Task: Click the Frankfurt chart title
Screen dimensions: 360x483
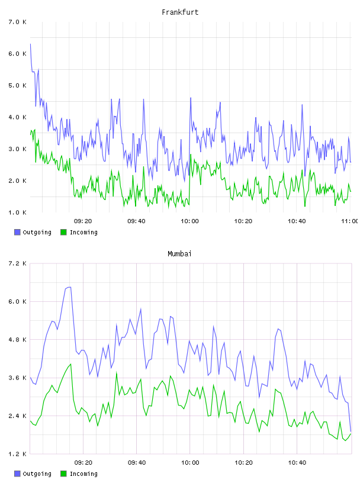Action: tap(180, 12)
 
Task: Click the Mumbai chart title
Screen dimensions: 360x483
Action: tap(179, 254)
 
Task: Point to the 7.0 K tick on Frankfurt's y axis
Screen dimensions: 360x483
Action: tap(18, 22)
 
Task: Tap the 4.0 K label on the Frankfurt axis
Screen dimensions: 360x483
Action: tap(18, 117)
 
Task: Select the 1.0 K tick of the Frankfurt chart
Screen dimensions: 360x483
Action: tap(18, 212)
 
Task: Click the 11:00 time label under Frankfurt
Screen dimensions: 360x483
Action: tap(350, 221)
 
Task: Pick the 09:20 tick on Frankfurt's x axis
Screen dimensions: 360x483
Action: tap(83, 221)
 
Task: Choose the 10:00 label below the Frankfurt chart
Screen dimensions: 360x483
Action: tap(190, 221)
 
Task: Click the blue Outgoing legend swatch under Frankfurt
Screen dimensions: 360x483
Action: tap(17, 232)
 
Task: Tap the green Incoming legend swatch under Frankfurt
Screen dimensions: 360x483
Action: tap(63, 232)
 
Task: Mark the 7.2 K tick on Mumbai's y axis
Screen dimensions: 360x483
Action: tap(18, 263)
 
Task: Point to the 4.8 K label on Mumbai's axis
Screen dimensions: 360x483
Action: tap(18, 339)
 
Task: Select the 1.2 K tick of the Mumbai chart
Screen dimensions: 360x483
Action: tap(18, 454)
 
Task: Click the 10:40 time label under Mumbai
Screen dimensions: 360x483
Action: tap(297, 462)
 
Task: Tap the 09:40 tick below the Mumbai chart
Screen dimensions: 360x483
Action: tap(137, 462)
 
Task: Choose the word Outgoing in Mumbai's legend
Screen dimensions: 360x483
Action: tap(37, 474)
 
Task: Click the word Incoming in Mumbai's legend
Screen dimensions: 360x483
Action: tap(83, 474)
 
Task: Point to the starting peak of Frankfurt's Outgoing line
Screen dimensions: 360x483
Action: tap(30, 44)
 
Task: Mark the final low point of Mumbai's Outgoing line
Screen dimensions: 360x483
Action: tap(351, 432)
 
